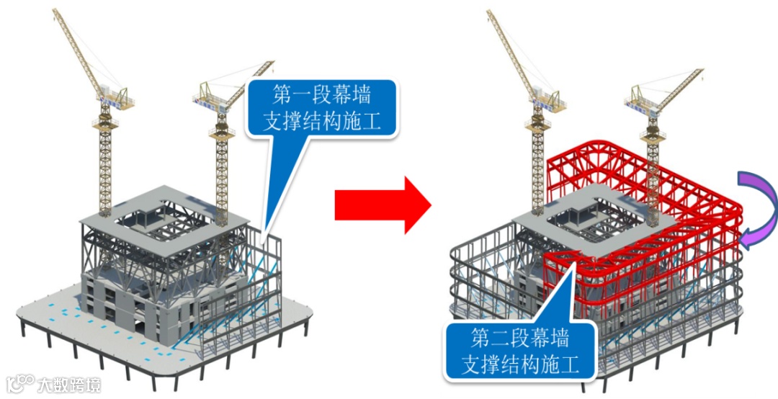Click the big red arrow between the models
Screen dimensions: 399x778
(x=382, y=205)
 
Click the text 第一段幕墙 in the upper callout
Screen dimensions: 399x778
(x=322, y=94)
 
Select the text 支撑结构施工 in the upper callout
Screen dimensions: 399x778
(x=322, y=120)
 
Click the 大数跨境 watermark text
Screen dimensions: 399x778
(x=69, y=384)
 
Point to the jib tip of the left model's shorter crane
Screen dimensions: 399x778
(x=273, y=63)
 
